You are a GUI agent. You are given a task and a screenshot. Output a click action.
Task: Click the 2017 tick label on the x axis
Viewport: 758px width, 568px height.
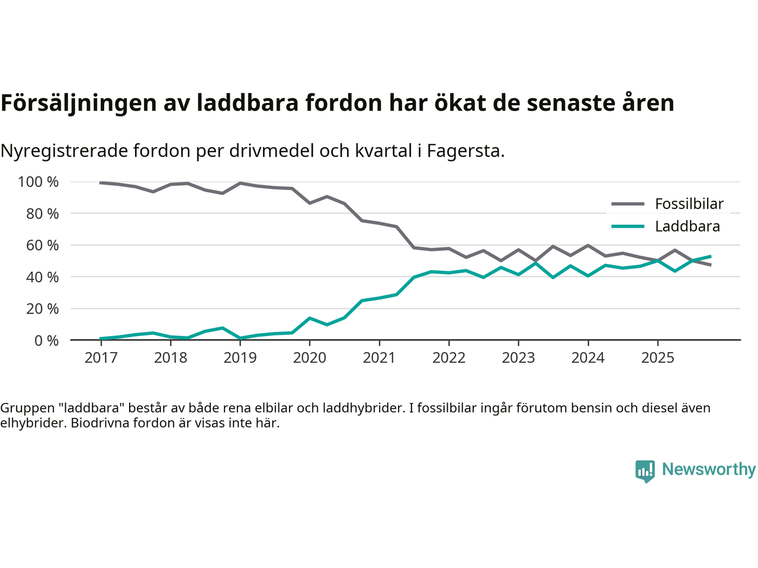click(x=101, y=358)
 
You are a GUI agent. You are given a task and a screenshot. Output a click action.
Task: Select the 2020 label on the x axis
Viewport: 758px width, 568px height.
click(x=310, y=358)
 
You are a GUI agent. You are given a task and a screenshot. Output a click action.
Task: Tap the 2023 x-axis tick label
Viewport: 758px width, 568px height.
click(x=518, y=358)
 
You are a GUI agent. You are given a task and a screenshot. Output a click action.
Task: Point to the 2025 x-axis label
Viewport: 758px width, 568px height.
click(x=657, y=358)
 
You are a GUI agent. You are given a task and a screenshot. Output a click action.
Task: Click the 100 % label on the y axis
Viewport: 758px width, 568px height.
click(x=38, y=182)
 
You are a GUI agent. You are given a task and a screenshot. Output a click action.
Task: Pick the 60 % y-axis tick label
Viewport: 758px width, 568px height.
click(x=42, y=246)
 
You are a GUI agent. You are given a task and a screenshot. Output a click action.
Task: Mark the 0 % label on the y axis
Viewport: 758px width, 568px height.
click(x=46, y=341)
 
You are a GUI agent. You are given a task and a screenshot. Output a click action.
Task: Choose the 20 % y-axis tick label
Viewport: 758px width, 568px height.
click(x=42, y=309)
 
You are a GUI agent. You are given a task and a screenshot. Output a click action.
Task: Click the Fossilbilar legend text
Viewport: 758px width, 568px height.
click(x=689, y=204)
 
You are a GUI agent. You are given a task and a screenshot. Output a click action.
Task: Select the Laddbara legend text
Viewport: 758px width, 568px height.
click(x=688, y=227)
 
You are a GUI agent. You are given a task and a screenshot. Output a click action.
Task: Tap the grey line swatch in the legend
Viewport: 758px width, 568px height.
click(x=628, y=204)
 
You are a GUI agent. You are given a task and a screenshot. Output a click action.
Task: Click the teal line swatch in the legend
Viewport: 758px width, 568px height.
click(x=628, y=227)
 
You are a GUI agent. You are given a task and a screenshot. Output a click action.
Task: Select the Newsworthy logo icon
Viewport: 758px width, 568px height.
click(x=645, y=471)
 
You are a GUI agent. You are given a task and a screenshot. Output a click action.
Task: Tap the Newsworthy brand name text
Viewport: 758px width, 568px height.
click(x=709, y=469)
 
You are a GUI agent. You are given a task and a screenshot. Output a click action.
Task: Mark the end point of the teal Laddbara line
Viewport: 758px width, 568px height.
click(x=710, y=256)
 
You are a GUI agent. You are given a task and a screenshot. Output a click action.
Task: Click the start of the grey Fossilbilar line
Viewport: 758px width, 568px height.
click(x=101, y=183)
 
